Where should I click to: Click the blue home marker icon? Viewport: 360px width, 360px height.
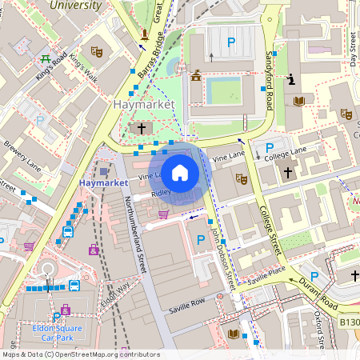180,172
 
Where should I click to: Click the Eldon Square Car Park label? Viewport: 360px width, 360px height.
58,333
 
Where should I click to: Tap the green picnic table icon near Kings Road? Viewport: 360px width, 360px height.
46,58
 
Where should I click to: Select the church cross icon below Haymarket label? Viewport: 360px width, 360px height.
142,128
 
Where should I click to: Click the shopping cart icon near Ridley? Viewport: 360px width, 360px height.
164,214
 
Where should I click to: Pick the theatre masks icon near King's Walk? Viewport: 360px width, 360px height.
97,52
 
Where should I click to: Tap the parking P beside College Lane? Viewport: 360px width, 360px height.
270,147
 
